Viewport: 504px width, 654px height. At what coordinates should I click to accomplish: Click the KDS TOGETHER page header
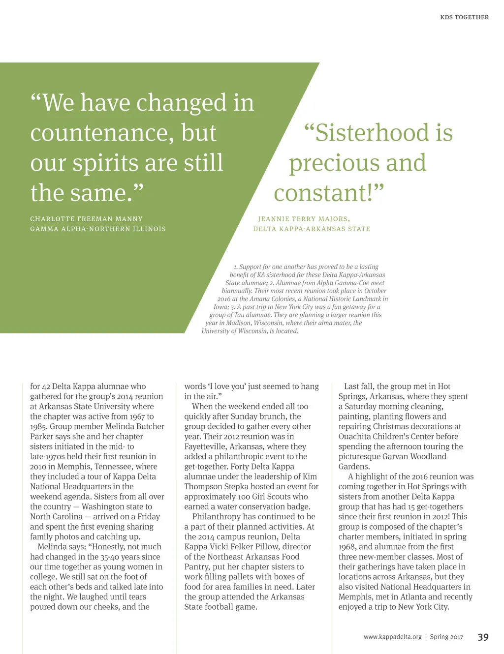click(x=464, y=17)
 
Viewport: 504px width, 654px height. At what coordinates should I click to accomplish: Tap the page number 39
click(x=483, y=637)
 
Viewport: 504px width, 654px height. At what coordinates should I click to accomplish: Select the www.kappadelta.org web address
click(x=392, y=637)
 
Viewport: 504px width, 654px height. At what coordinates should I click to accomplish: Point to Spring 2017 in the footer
click(x=446, y=637)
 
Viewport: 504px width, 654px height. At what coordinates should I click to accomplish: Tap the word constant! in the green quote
click(x=329, y=193)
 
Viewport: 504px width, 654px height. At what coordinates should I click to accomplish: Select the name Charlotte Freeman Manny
click(x=86, y=219)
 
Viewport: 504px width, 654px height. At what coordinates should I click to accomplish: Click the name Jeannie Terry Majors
click(x=304, y=219)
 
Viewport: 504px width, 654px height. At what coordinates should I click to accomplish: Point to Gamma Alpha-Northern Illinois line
click(x=98, y=229)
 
